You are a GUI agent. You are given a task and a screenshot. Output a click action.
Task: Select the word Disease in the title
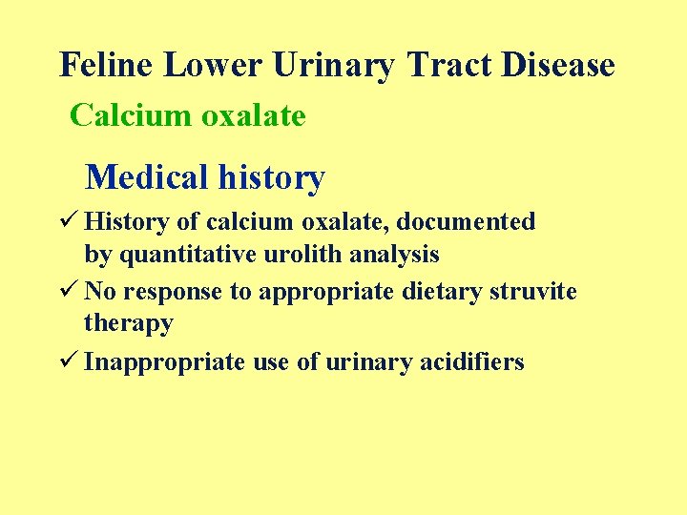(x=558, y=65)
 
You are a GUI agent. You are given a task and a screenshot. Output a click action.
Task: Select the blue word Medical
(x=146, y=177)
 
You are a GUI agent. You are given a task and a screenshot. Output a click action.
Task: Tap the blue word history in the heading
(x=272, y=177)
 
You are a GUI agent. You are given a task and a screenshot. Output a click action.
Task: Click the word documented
(x=466, y=222)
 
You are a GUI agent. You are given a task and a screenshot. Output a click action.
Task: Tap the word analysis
(x=402, y=256)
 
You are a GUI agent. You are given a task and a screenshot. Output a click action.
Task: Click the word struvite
(x=533, y=292)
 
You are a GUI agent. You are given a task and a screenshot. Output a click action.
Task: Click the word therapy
(x=129, y=324)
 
